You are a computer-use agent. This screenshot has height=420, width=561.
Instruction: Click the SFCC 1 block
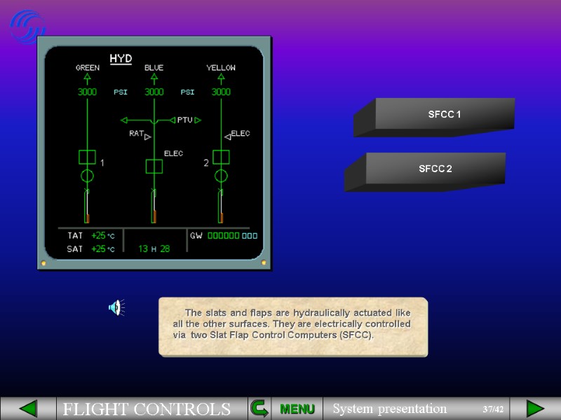coord(444,113)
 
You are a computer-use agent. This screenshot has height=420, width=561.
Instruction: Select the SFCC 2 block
coord(435,169)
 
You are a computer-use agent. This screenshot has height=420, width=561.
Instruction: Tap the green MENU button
coord(297,409)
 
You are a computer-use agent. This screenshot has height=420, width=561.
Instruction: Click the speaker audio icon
coord(116,307)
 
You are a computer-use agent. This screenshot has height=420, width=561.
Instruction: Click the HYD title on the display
coord(121,58)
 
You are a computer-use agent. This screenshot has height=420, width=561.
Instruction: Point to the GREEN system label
coord(88,68)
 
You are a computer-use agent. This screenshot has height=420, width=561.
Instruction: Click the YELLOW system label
coord(221,68)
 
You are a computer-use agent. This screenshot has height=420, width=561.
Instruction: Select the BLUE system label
coord(154,68)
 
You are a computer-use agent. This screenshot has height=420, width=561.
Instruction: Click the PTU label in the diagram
coord(184,120)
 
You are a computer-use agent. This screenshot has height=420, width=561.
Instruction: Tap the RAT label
coord(136,133)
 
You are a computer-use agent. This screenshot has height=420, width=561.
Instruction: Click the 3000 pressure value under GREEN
coord(87,92)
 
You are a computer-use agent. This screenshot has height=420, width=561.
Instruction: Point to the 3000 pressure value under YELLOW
coord(221,92)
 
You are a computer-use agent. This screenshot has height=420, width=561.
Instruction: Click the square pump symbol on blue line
coord(154,166)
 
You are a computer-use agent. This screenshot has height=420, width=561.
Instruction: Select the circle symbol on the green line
coord(87,175)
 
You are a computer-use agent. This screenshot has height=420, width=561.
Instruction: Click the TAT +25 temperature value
coord(99,236)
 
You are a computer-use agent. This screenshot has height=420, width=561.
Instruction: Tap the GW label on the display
coord(196,236)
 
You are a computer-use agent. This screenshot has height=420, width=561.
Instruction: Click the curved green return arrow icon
coord(259,408)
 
